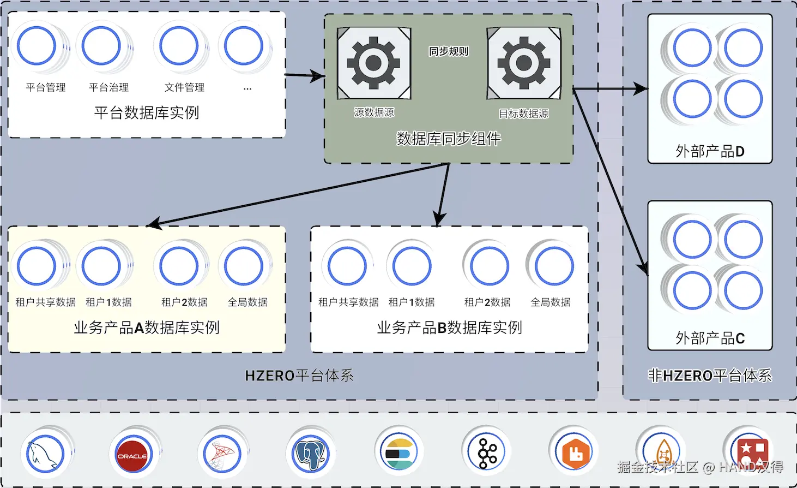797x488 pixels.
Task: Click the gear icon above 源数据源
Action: pyautogui.click(x=373, y=63)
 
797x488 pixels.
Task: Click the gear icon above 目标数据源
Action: pyautogui.click(x=523, y=63)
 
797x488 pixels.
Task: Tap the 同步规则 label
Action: pyautogui.click(x=449, y=51)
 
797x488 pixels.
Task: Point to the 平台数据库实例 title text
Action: pyautogui.click(x=147, y=112)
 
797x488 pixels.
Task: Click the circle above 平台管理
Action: pyautogui.click(x=37, y=46)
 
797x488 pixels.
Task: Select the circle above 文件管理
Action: pyautogui.click(x=179, y=46)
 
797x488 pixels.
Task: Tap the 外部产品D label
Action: pyautogui.click(x=710, y=151)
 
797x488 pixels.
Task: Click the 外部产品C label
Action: pyautogui.click(x=710, y=338)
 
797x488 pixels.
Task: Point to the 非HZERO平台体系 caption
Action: pyautogui.click(x=710, y=376)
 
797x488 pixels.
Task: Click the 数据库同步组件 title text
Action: pyautogui.click(x=449, y=139)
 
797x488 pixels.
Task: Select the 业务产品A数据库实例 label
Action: pyautogui.click(x=147, y=328)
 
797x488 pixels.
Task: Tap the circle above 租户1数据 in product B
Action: pyautogui.click(x=412, y=266)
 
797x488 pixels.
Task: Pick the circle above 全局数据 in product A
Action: pyautogui.click(x=244, y=266)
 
